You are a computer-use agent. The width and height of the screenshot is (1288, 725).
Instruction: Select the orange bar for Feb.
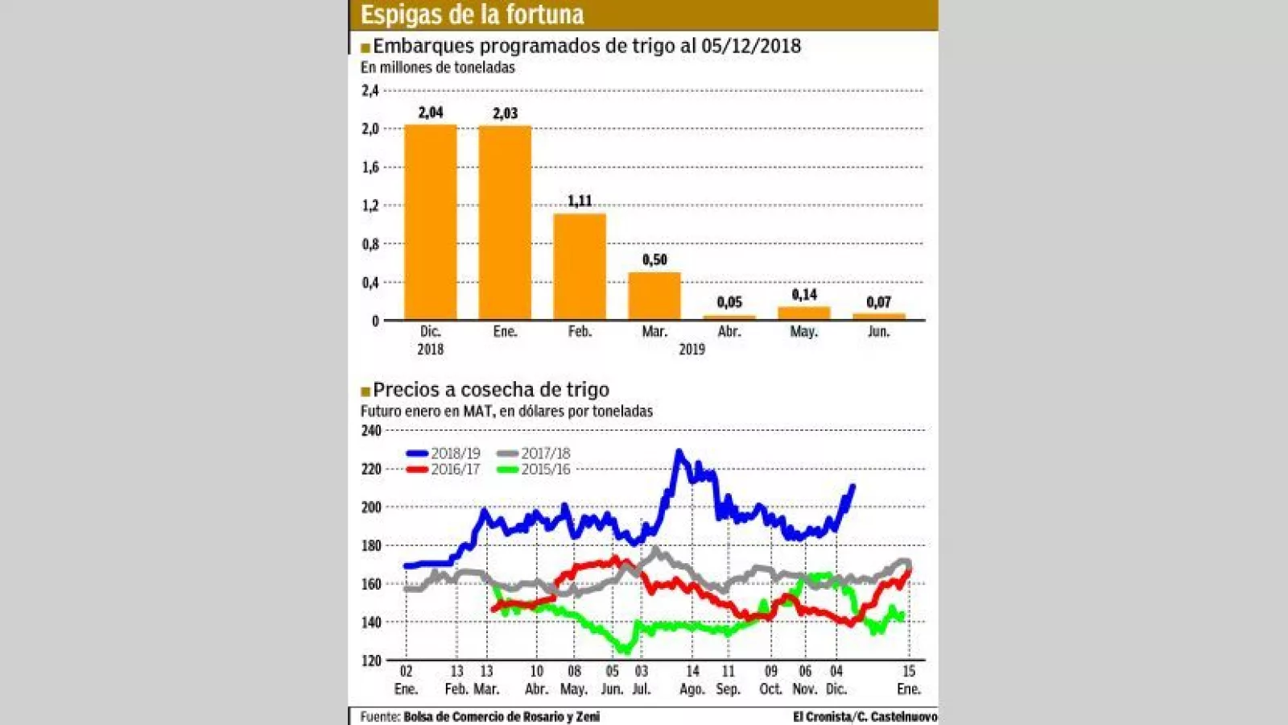coord(580,267)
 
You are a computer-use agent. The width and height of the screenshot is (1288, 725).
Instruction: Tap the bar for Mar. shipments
coord(654,296)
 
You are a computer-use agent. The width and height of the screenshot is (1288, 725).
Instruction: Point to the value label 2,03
coord(506,114)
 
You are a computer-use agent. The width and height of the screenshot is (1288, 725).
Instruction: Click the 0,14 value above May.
coord(804,295)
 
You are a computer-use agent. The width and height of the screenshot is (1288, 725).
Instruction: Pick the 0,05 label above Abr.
coord(729,302)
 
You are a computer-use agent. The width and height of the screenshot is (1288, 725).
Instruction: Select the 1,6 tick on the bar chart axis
coord(370,168)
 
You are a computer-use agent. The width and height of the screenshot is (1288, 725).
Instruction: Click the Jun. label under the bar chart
coord(878,332)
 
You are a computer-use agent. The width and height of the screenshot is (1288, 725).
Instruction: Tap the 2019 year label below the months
coord(691,350)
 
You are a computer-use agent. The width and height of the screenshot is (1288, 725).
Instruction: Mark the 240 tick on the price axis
coord(371,431)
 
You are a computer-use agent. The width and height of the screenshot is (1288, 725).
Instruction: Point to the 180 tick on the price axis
coord(371,546)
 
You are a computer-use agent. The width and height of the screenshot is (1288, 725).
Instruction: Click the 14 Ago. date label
coord(692,680)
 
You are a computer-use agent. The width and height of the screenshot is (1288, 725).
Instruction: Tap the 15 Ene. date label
coord(909,680)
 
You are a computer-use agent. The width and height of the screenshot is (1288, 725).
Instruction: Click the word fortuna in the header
coord(544,14)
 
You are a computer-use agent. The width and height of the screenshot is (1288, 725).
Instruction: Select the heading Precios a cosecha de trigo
coord(490,390)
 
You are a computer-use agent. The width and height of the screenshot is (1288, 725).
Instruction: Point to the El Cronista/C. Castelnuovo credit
coord(865,717)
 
